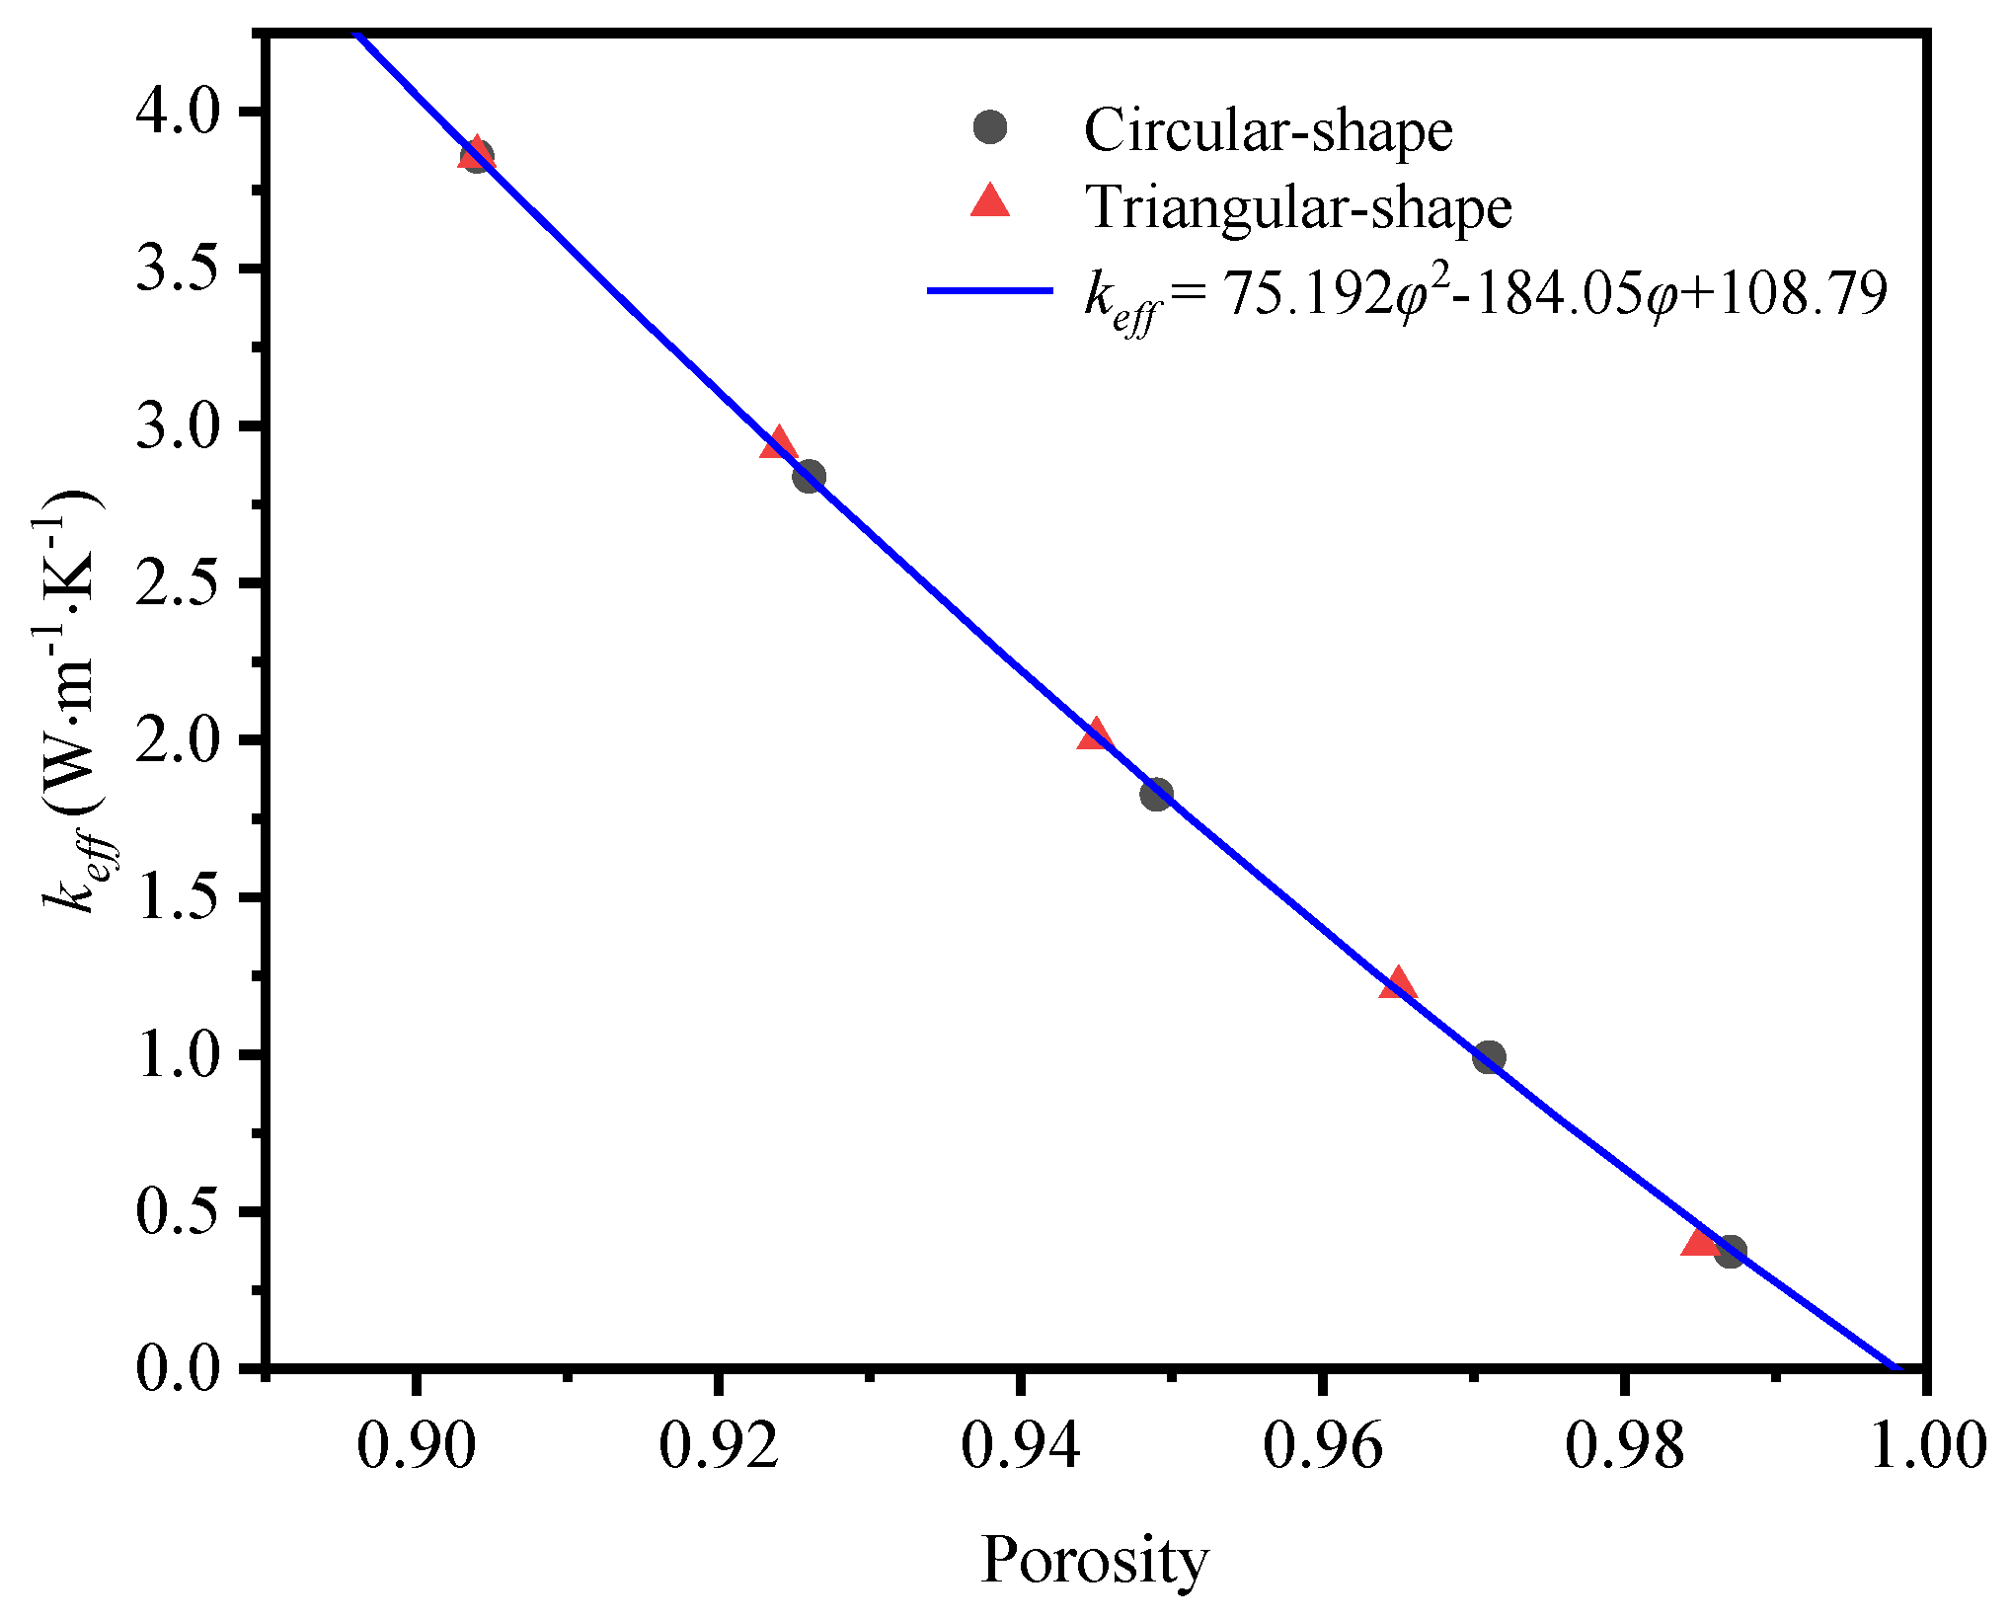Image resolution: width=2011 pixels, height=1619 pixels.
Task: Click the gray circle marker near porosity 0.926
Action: (x=809, y=477)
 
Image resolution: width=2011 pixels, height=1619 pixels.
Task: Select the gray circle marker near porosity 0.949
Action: (x=1156, y=794)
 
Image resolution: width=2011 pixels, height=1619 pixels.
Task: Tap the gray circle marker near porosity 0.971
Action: (x=1489, y=1057)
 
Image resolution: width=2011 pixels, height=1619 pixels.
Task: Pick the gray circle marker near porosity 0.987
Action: (x=1730, y=1253)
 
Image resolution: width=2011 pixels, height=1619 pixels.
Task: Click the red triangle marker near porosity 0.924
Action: (x=779, y=444)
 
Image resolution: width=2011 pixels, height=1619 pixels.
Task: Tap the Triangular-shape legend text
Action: (x=1298, y=207)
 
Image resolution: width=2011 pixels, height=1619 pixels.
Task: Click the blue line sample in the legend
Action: (x=989, y=291)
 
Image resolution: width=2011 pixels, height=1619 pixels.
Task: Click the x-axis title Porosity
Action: (x=1094, y=1561)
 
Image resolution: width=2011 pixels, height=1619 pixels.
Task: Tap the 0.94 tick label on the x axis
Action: (x=1021, y=1446)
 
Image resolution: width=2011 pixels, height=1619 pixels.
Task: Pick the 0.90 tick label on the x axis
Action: (x=417, y=1446)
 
